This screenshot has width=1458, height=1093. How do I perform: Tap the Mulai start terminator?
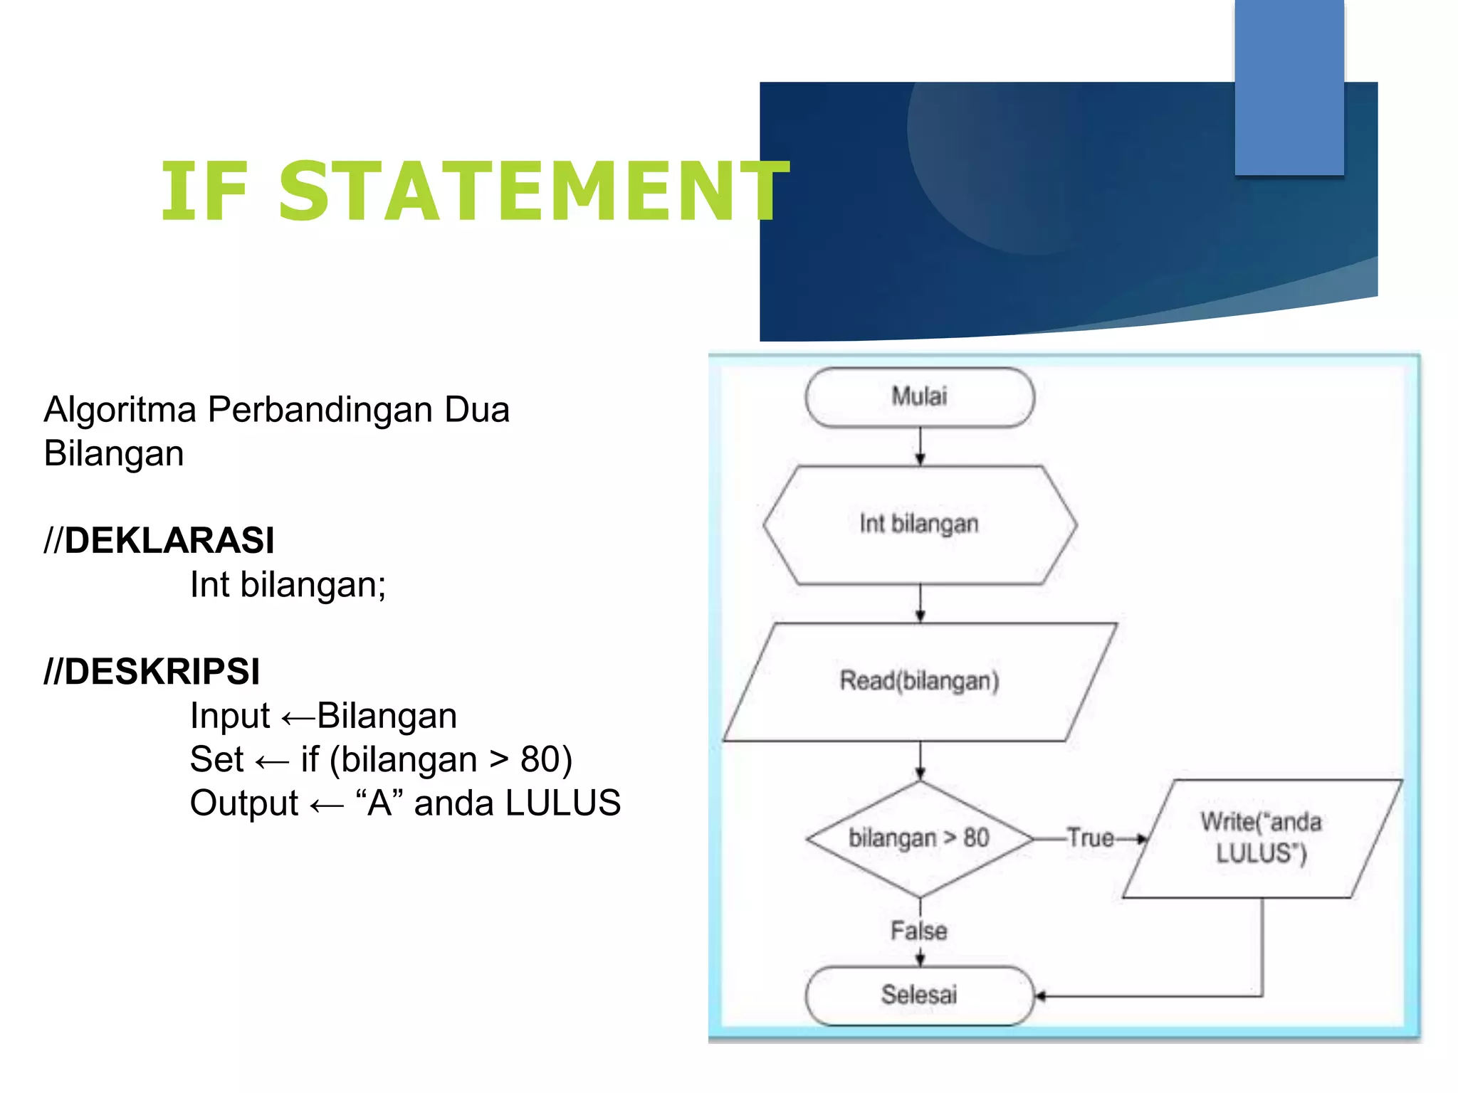[x=919, y=397]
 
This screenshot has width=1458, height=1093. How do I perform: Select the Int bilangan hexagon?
[x=919, y=524]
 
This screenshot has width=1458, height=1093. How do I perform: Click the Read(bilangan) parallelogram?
[x=919, y=681]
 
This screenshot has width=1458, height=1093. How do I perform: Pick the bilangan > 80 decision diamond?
[x=919, y=838]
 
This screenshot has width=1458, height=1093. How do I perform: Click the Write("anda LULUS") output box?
[x=1262, y=838]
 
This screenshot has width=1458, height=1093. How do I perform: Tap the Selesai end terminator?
[x=919, y=995]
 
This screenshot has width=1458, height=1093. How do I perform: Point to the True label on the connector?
[x=1090, y=838]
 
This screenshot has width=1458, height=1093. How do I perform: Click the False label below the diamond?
[x=919, y=931]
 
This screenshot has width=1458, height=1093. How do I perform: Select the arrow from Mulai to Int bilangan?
[x=920, y=447]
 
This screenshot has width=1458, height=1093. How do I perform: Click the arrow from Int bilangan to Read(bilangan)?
[x=920, y=603]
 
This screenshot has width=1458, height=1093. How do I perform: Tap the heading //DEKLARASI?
[x=159, y=540]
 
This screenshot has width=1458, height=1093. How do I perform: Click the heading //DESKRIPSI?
[x=152, y=672]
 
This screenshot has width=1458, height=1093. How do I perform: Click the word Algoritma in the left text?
[x=120, y=410]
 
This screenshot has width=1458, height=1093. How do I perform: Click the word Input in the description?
[x=229, y=716]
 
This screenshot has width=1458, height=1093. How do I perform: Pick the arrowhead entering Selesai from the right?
[x=1040, y=996]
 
